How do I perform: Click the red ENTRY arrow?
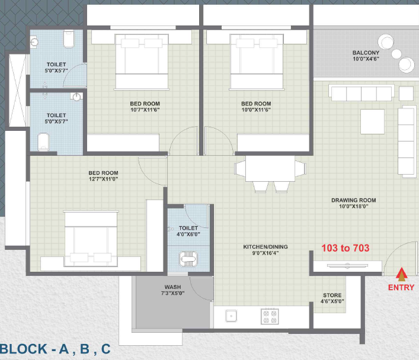[401, 274]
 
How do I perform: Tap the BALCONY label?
[366, 53]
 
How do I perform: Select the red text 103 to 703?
[346, 248]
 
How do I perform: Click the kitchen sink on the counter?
[231, 316]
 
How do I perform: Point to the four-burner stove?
[270, 316]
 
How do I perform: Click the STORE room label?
[332, 295]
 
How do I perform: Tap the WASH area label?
[172, 287]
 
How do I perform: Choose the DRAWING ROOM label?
[354, 200]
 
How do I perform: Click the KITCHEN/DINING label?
[266, 247]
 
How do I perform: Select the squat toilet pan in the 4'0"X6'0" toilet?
[188, 259]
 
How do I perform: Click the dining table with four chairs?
[270, 173]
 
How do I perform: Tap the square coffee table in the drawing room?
[372, 121]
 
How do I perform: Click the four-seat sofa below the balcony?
[362, 93]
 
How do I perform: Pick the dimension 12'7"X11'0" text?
[103, 179]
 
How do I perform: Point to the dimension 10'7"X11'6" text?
[145, 110]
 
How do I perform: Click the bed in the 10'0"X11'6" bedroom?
[257, 62]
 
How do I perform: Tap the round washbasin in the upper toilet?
[34, 42]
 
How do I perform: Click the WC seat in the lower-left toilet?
[43, 142]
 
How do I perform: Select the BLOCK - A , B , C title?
[55, 349]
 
